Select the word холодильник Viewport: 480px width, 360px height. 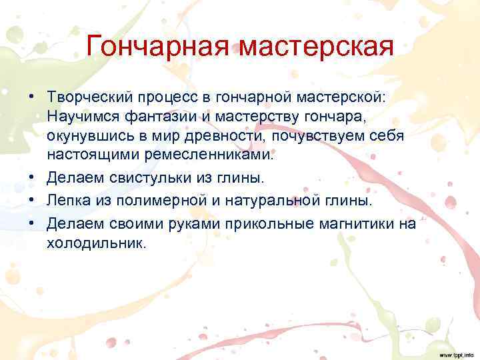pyautogui.click(x=95, y=243)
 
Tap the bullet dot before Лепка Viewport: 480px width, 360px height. pyautogui.click(x=32, y=201)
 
